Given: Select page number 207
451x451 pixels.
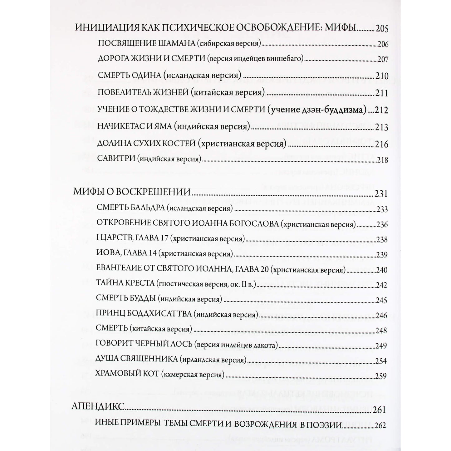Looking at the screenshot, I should [383, 59].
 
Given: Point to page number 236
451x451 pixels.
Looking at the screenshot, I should [382, 225].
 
